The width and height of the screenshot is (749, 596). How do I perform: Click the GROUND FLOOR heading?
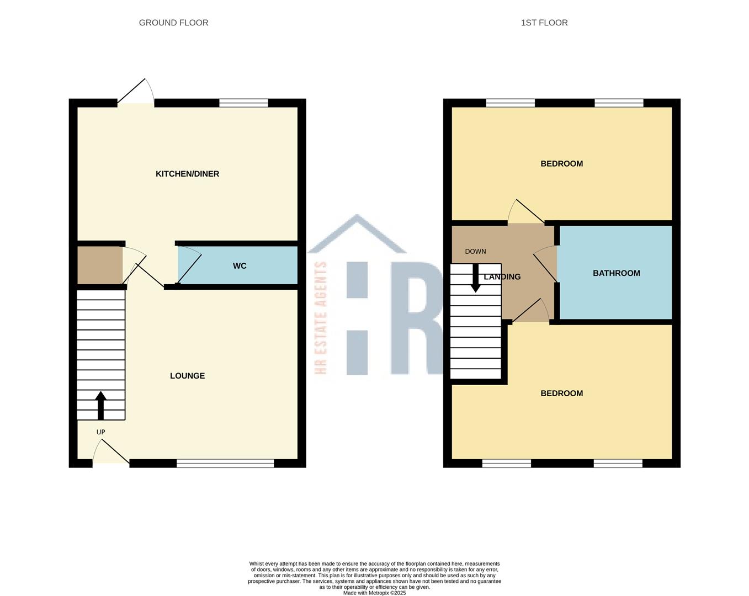point(173,23)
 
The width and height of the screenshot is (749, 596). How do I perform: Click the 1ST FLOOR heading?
point(544,23)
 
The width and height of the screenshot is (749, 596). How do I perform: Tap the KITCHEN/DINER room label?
point(187,174)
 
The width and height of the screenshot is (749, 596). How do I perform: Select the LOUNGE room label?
point(187,376)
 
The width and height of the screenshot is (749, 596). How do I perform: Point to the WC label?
point(240,266)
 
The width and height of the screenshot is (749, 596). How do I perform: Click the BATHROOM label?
point(616,273)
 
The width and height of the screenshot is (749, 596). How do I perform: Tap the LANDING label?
point(502,277)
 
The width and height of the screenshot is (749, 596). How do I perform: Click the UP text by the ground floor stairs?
point(100,432)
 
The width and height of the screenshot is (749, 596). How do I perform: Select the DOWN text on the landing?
point(475,252)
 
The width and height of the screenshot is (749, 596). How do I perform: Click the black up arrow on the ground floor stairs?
point(100,406)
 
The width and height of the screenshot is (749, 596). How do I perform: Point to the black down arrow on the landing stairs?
point(475,279)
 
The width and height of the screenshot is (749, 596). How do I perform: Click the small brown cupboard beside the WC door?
point(99,265)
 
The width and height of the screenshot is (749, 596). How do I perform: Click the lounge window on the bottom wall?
point(225,464)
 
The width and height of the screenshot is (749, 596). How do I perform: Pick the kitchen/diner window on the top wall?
point(243,103)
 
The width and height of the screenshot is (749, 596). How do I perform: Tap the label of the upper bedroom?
point(561,164)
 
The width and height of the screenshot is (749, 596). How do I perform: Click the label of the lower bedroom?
point(561,393)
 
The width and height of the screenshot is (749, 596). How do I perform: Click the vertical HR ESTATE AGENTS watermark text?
point(321,318)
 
